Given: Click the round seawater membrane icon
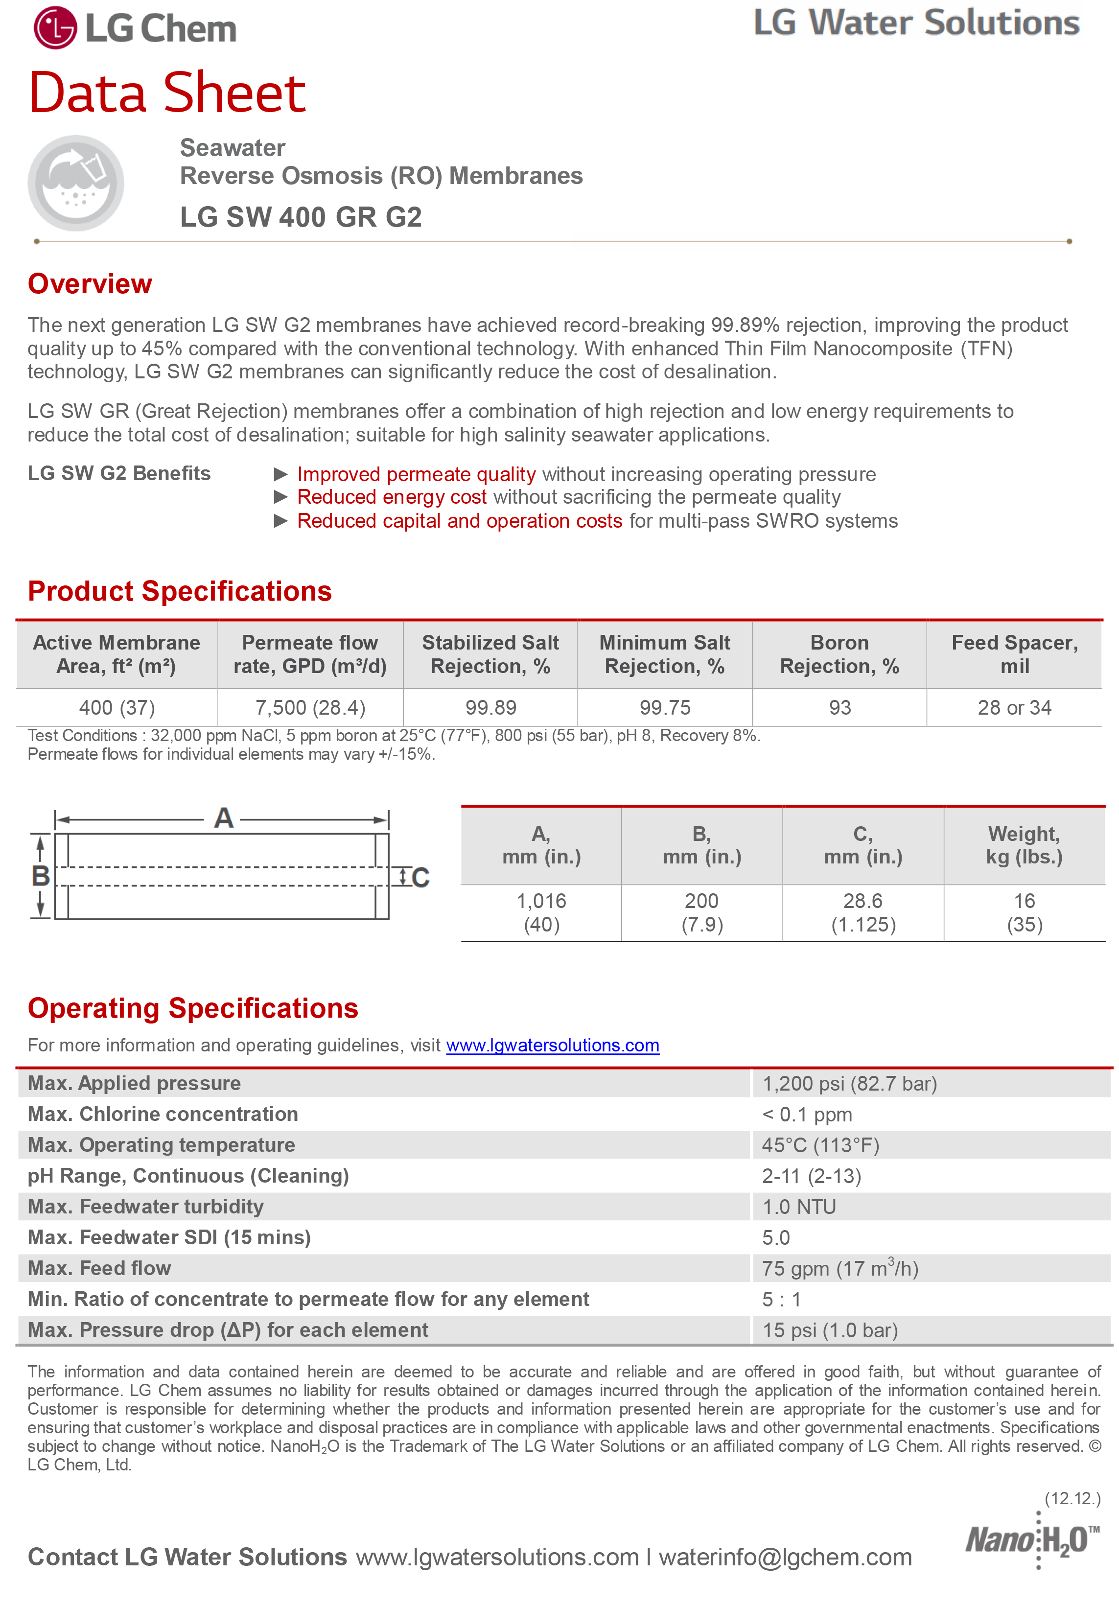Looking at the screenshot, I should [x=75, y=183].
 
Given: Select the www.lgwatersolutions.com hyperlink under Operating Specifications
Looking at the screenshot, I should [x=553, y=1045].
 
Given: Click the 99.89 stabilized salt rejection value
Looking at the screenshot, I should [x=490, y=708].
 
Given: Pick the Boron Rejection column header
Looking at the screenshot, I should [x=839, y=654].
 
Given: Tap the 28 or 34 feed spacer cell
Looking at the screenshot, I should [x=1014, y=708].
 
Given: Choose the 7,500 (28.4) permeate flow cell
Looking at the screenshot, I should [x=310, y=708].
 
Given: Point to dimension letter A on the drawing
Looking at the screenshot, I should [x=224, y=818].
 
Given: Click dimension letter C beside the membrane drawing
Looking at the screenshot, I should [x=420, y=878].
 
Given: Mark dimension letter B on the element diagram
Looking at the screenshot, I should [x=41, y=876].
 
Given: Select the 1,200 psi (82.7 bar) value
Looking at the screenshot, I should [x=849, y=1084].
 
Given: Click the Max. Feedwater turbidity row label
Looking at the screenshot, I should [x=145, y=1207].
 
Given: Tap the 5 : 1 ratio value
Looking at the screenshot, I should [x=781, y=1299].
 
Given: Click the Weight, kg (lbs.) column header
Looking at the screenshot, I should [x=1024, y=845].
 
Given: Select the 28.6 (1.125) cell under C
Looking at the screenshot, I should [x=863, y=913].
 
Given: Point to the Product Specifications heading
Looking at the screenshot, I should [x=180, y=591].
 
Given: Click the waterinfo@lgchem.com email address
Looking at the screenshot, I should [x=785, y=1557].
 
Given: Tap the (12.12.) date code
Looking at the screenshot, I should [x=1072, y=1498].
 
